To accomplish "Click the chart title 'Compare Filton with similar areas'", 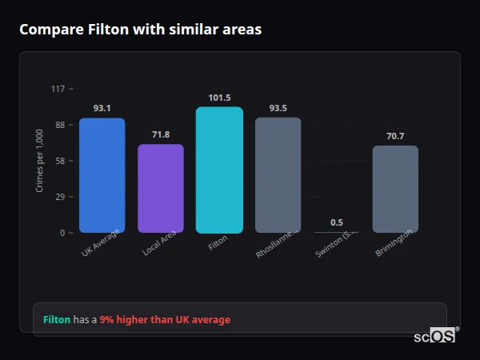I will [x=140, y=30].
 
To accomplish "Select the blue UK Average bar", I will [x=102, y=175].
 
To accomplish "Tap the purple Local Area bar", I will [x=161, y=188].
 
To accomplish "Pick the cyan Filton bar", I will [x=219, y=170].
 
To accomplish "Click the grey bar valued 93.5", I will [x=278, y=175].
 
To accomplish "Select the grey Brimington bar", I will [x=395, y=189].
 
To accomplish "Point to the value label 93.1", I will [x=102, y=108].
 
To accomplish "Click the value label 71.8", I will [x=161, y=134].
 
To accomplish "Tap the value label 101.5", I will [x=219, y=98].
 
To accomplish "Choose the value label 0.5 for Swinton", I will [x=337, y=222].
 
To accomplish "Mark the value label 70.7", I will [x=395, y=136].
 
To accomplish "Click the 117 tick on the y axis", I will [x=58, y=89].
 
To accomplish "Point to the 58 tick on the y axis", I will [x=60, y=161].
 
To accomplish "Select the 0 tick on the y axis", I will [x=62, y=233].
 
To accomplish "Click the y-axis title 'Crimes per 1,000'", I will [x=40, y=161].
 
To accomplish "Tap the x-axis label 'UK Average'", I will [x=101, y=242].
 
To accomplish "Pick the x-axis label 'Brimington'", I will [x=394, y=243].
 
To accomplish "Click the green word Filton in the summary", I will [x=57, y=320].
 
